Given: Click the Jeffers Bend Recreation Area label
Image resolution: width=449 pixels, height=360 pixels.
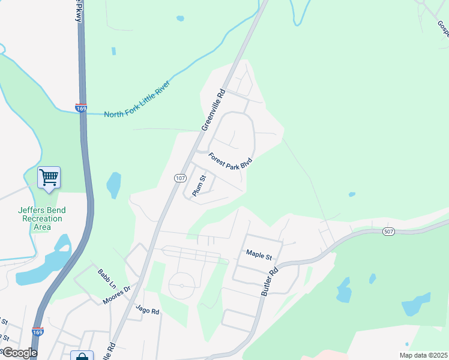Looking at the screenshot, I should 42,218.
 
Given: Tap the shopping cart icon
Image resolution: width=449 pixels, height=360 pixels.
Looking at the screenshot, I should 49,177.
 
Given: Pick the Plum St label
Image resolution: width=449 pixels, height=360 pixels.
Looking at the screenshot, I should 199,185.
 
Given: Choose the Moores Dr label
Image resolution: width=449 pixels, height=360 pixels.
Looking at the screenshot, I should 117,295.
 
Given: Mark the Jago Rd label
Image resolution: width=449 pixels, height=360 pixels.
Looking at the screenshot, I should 147,311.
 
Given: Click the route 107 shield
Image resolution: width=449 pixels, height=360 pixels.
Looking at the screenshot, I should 181,178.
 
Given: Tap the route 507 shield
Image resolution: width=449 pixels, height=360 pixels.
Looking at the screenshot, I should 388,231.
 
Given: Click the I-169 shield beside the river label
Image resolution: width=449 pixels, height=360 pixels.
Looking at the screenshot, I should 81,108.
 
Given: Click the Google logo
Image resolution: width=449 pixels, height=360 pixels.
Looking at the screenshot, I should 19,353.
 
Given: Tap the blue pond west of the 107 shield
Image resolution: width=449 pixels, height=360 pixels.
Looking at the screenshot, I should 113,185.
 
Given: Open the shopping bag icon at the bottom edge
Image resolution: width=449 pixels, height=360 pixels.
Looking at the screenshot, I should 82,356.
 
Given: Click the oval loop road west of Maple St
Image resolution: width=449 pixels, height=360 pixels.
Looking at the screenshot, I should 181,286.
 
